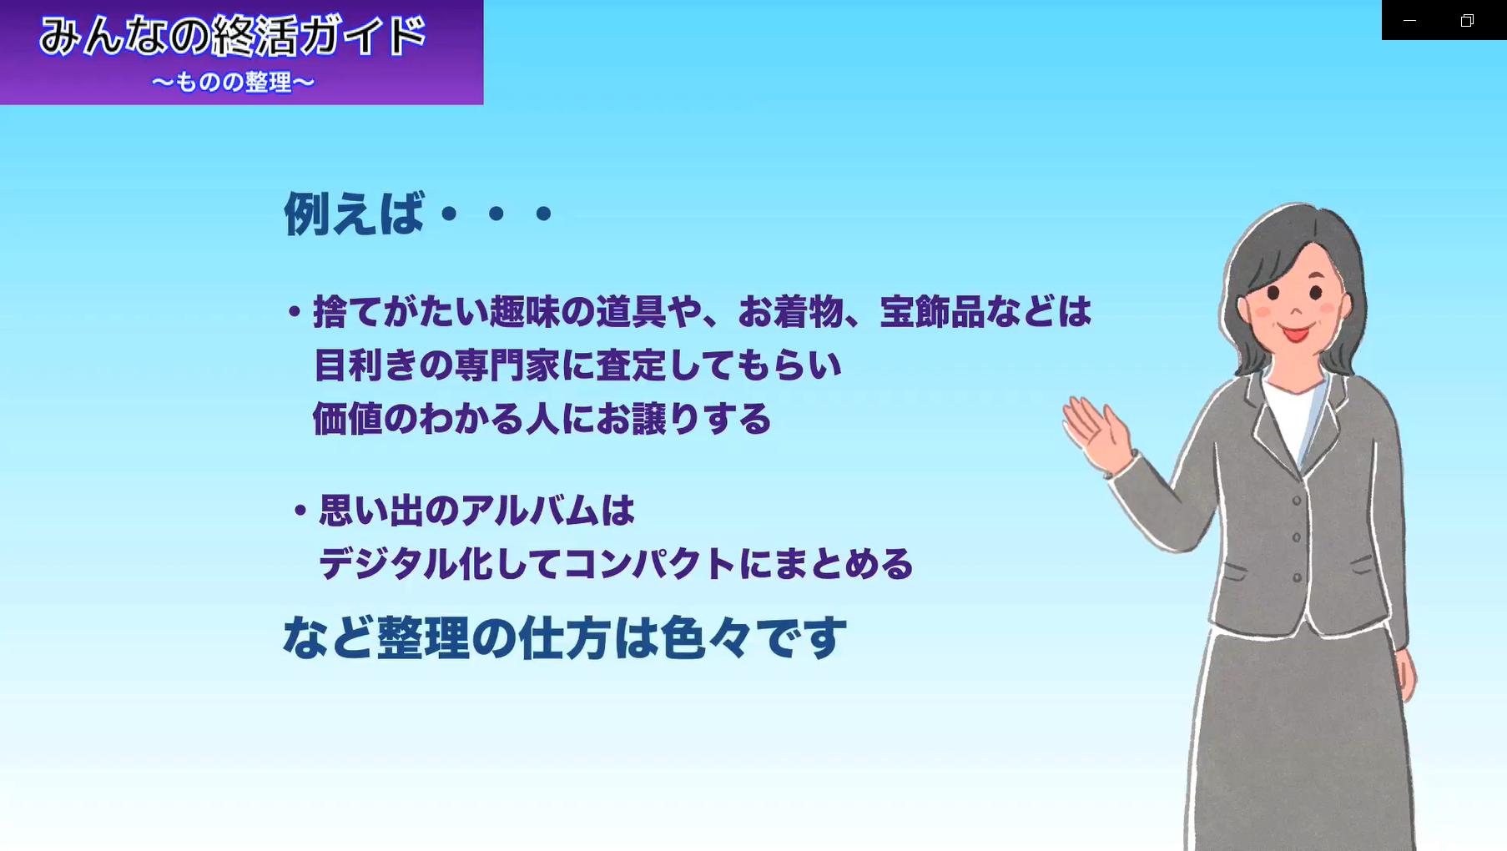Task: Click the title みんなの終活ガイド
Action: [x=233, y=36]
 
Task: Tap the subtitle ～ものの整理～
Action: [x=233, y=82]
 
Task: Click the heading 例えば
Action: [x=354, y=214]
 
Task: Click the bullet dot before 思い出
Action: [x=300, y=511]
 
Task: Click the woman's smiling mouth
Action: [x=1295, y=334]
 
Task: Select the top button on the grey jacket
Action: [x=1297, y=501]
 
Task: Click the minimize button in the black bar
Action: [x=1409, y=20]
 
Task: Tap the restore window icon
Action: [x=1467, y=20]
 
